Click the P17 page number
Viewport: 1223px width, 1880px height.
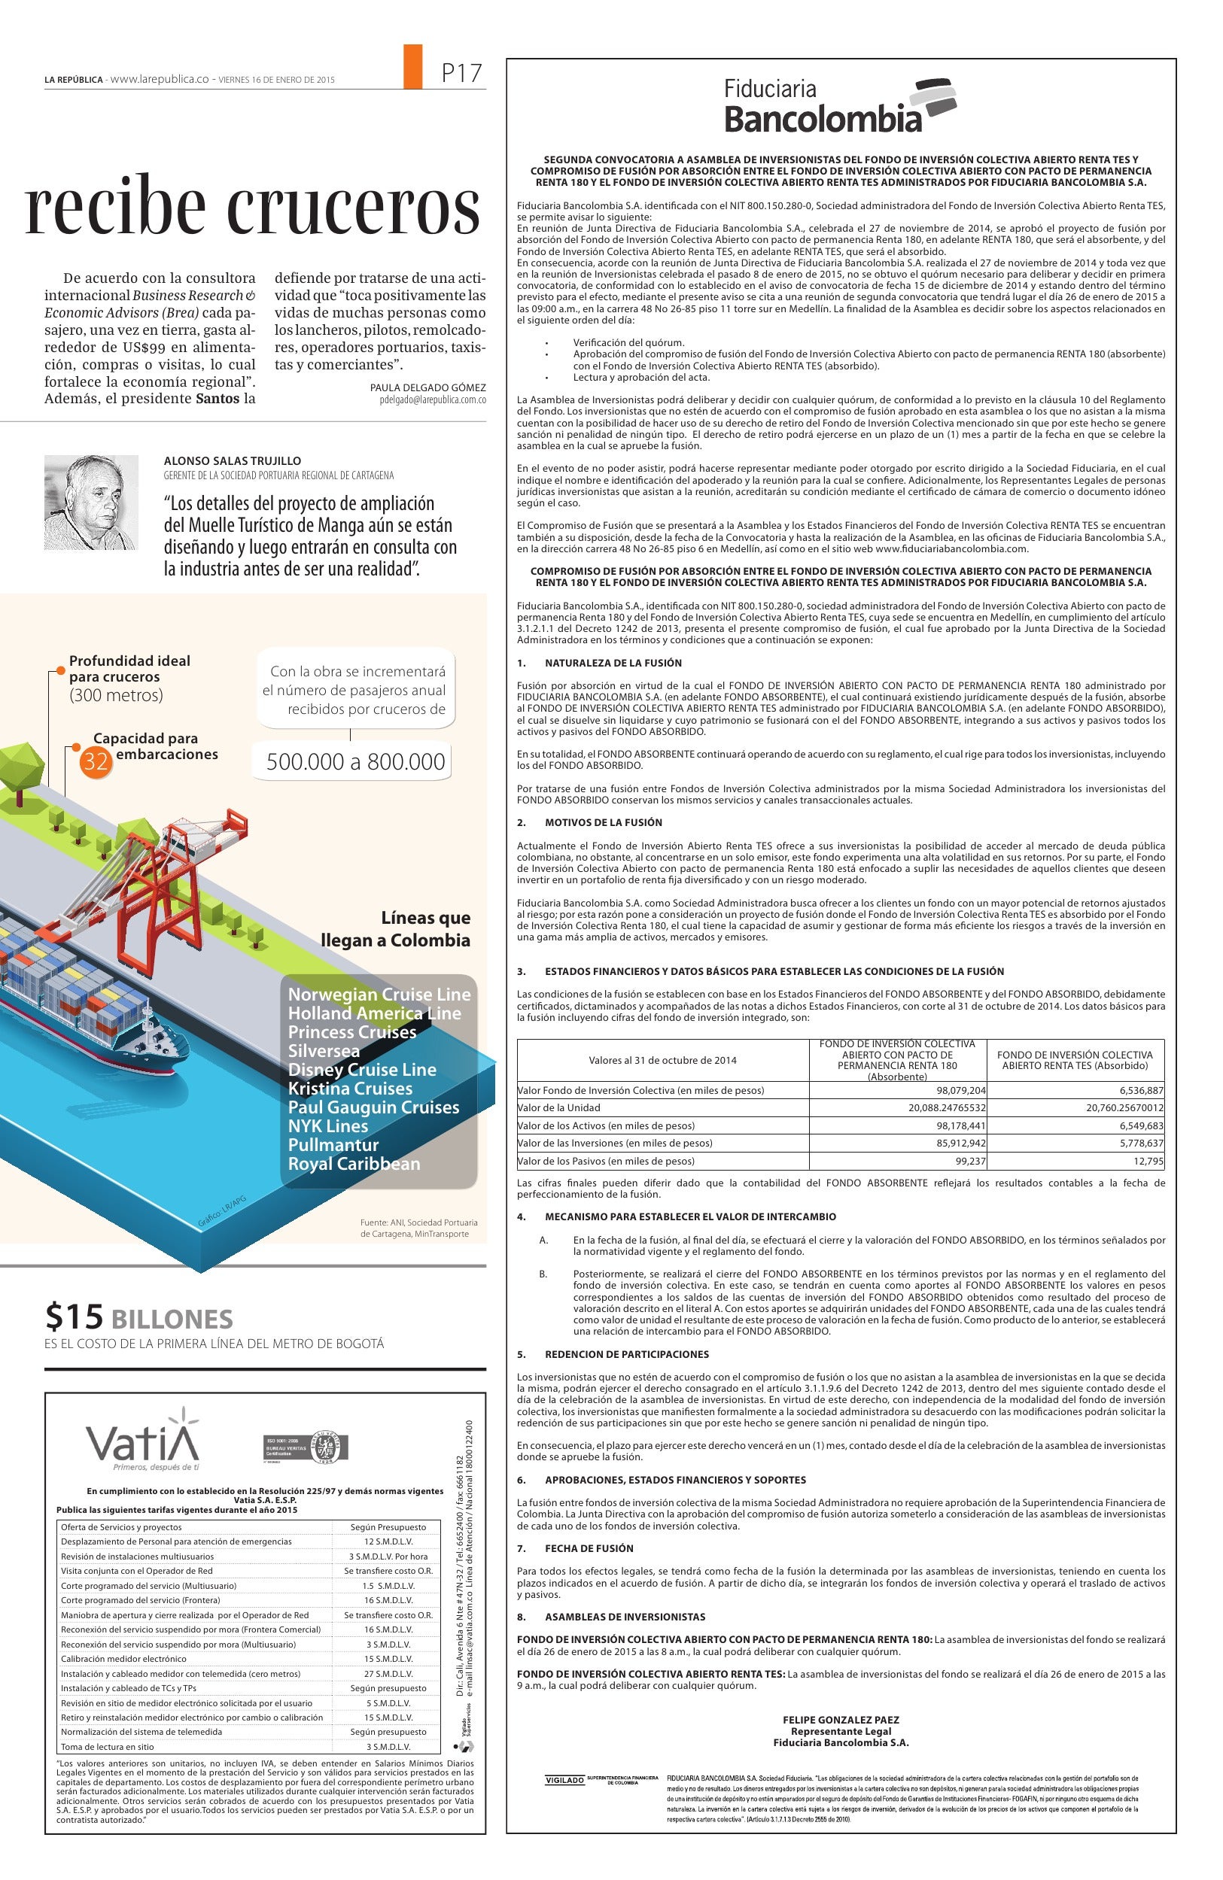click(461, 74)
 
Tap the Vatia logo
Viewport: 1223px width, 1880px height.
click(143, 1441)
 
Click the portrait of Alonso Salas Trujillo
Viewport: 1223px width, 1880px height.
click(91, 502)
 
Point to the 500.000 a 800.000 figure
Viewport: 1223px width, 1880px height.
click(355, 761)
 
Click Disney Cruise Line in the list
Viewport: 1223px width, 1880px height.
click(362, 1070)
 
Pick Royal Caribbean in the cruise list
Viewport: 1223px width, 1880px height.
click(354, 1164)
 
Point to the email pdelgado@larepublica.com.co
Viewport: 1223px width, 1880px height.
click(433, 400)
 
